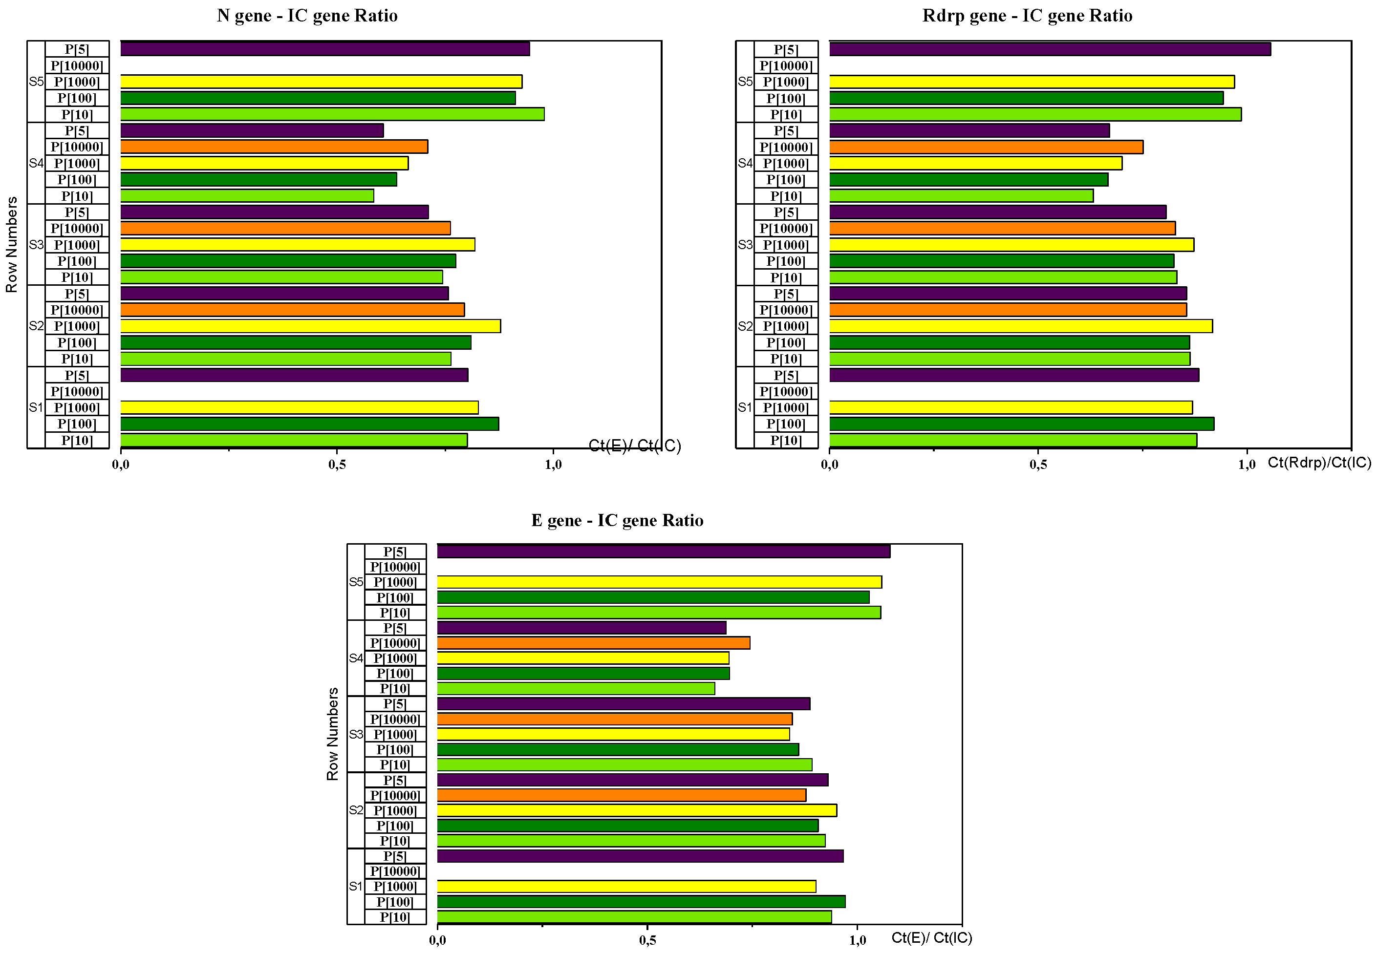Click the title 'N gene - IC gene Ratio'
coord(307,16)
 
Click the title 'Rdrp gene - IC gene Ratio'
coord(1027,16)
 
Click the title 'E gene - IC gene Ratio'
coord(617,521)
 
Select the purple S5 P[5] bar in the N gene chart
coord(324,49)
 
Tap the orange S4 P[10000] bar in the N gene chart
coord(274,147)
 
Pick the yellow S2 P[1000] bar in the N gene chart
coord(310,326)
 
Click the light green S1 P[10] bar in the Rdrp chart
coord(1012,440)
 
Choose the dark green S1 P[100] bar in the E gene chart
coord(641,901)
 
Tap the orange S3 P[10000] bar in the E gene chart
coord(614,719)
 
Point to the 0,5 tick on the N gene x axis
coord(337,465)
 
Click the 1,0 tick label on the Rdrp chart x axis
coord(1246,465)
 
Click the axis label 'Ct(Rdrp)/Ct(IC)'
coord(1319,462)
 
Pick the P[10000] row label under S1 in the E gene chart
coord(395,871)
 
